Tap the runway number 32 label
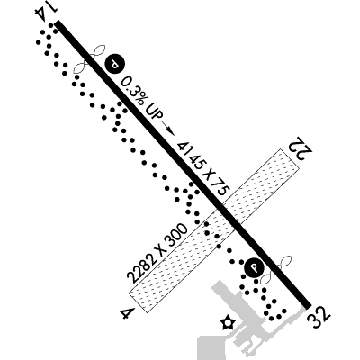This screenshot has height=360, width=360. (x=319, y=317)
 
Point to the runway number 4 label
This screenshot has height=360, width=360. (x=127, y=313)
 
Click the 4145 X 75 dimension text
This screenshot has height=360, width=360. (x=203, y=168)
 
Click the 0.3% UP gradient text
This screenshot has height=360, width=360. (x=142, y=98)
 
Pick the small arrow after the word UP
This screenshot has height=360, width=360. (x=168, y=128)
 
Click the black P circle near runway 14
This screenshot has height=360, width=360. (x=114, y=64)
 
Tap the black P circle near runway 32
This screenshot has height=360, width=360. (x=254, y=268)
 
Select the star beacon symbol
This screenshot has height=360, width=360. (x=227, y=323)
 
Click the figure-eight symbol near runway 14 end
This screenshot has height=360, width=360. (x=90, y=59)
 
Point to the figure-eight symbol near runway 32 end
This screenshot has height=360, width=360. (x=276, y=269)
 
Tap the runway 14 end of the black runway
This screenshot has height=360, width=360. (x=58, y=23)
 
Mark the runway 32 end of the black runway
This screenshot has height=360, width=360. (x=309, y=305)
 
